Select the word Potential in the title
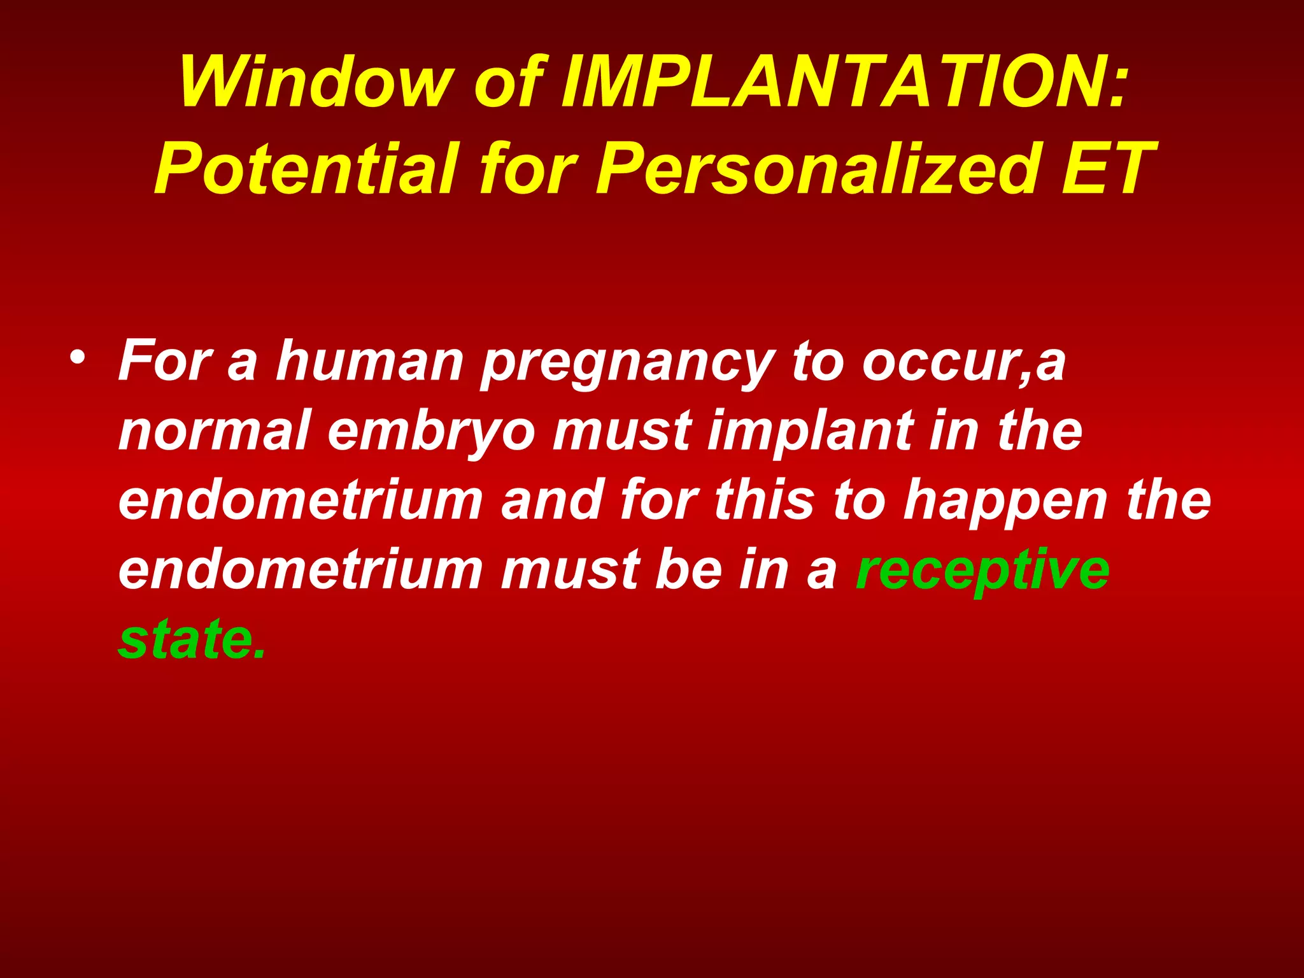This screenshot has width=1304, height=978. pyautogui.click(x=306, y=169)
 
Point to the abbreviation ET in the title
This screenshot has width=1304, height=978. pyautogui.click(x=1105, y=169)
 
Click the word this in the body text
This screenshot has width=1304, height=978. pyautogui.click(x=764, y=500)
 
